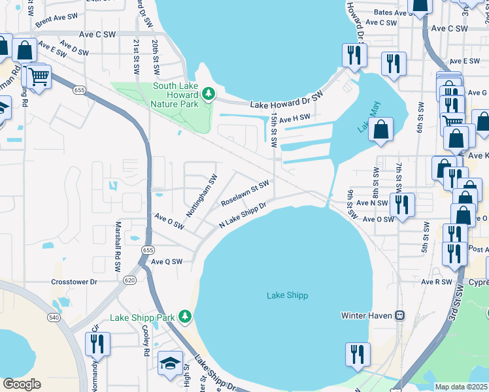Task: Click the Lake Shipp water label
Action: pyautogui.click(x=287, y=295)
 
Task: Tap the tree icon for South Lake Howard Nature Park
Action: pyautogui.click(x=209, y=94)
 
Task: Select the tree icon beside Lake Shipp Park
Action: pyautogui.click(x=186, y=317)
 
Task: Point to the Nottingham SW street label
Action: pyautogui.click(x=203, y=189)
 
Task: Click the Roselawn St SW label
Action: pyautogui.click(x=245, y=193)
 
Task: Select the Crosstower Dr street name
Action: pyautogui.click(x=74, y=282)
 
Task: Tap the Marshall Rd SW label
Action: pyautogui.click(x=118, y=239)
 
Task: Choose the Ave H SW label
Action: pyautogui.click(x=295, y=117)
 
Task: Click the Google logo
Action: pyautogui.click(x=22, y=384)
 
